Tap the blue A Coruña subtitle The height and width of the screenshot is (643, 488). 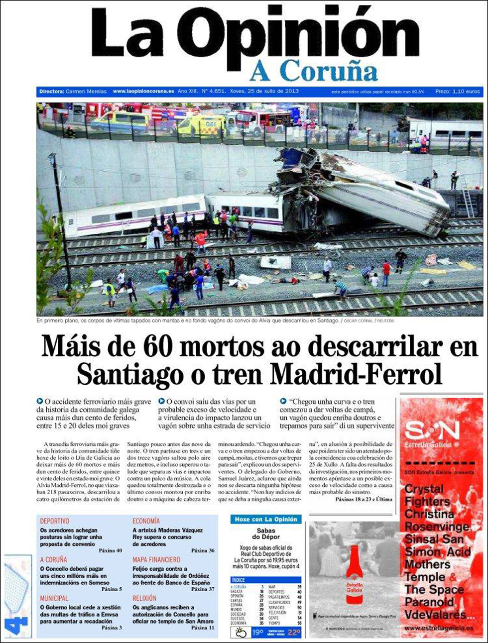click(313, 71)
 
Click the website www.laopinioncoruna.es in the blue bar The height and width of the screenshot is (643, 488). click(143, 91)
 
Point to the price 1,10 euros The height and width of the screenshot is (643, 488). click(466, 92)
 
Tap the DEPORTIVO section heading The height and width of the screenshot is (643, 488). click(54, 521)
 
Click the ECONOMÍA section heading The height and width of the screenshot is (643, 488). click(146, 521)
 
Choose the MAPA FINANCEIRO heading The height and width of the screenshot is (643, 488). click(156, 559)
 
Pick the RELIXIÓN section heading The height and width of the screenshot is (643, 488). click(144, 598)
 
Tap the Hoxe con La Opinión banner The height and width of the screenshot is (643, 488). click(265, 519)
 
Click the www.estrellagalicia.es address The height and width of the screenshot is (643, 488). click(438, 628)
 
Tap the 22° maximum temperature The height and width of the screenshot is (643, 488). click(294, 633)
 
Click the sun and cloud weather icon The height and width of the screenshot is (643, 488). click(240, 632)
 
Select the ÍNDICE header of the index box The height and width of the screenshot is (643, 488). click(239, 580)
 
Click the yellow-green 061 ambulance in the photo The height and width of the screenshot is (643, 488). click(202, 125)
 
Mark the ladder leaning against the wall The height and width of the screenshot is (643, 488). click(466, 195)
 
